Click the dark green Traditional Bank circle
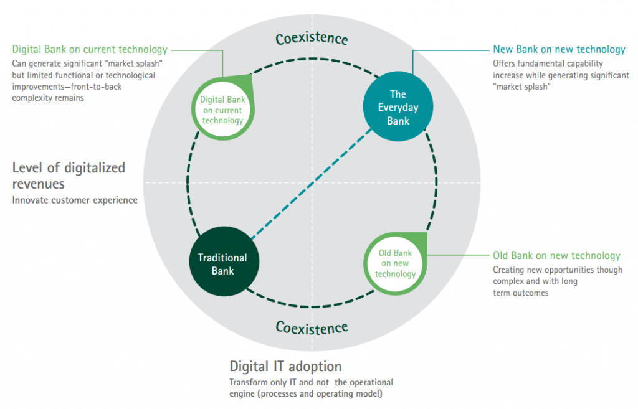pos(222,264)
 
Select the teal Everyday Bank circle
pos(399,108)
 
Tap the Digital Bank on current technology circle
pos(221,110)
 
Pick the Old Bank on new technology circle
pos(396,264)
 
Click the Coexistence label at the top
pos(312,39)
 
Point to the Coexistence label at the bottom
pos(312,327)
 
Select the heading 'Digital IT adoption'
pos(285,366)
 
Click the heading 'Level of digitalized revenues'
pos(69,176)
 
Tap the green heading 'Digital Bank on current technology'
pos(90,49)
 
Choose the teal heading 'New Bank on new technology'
pos(559,49)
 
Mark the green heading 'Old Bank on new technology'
pos(556,256)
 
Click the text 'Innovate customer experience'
pos(75,200)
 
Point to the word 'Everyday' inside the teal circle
pos(399,108)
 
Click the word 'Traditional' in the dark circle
pos(222,258)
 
